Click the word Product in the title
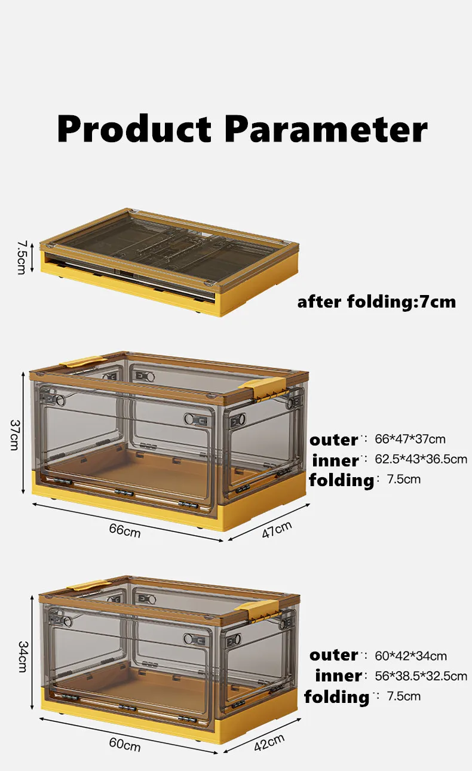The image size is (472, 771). (x=134, y=128)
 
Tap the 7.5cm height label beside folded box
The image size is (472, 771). (x=21, y=257)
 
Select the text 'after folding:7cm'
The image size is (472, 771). (x=376, y=302)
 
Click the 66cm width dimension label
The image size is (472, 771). (x=125, y=529)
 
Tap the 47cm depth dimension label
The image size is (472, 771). (x=277, y=529)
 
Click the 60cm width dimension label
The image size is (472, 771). (x=125, y=745)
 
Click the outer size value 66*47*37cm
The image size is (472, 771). (x=410, y=440)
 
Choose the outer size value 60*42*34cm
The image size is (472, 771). (x=410, y=656)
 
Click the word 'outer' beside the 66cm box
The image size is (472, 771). (x=333, y=440)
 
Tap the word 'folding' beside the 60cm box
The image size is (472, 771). (x=336, y=697)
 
